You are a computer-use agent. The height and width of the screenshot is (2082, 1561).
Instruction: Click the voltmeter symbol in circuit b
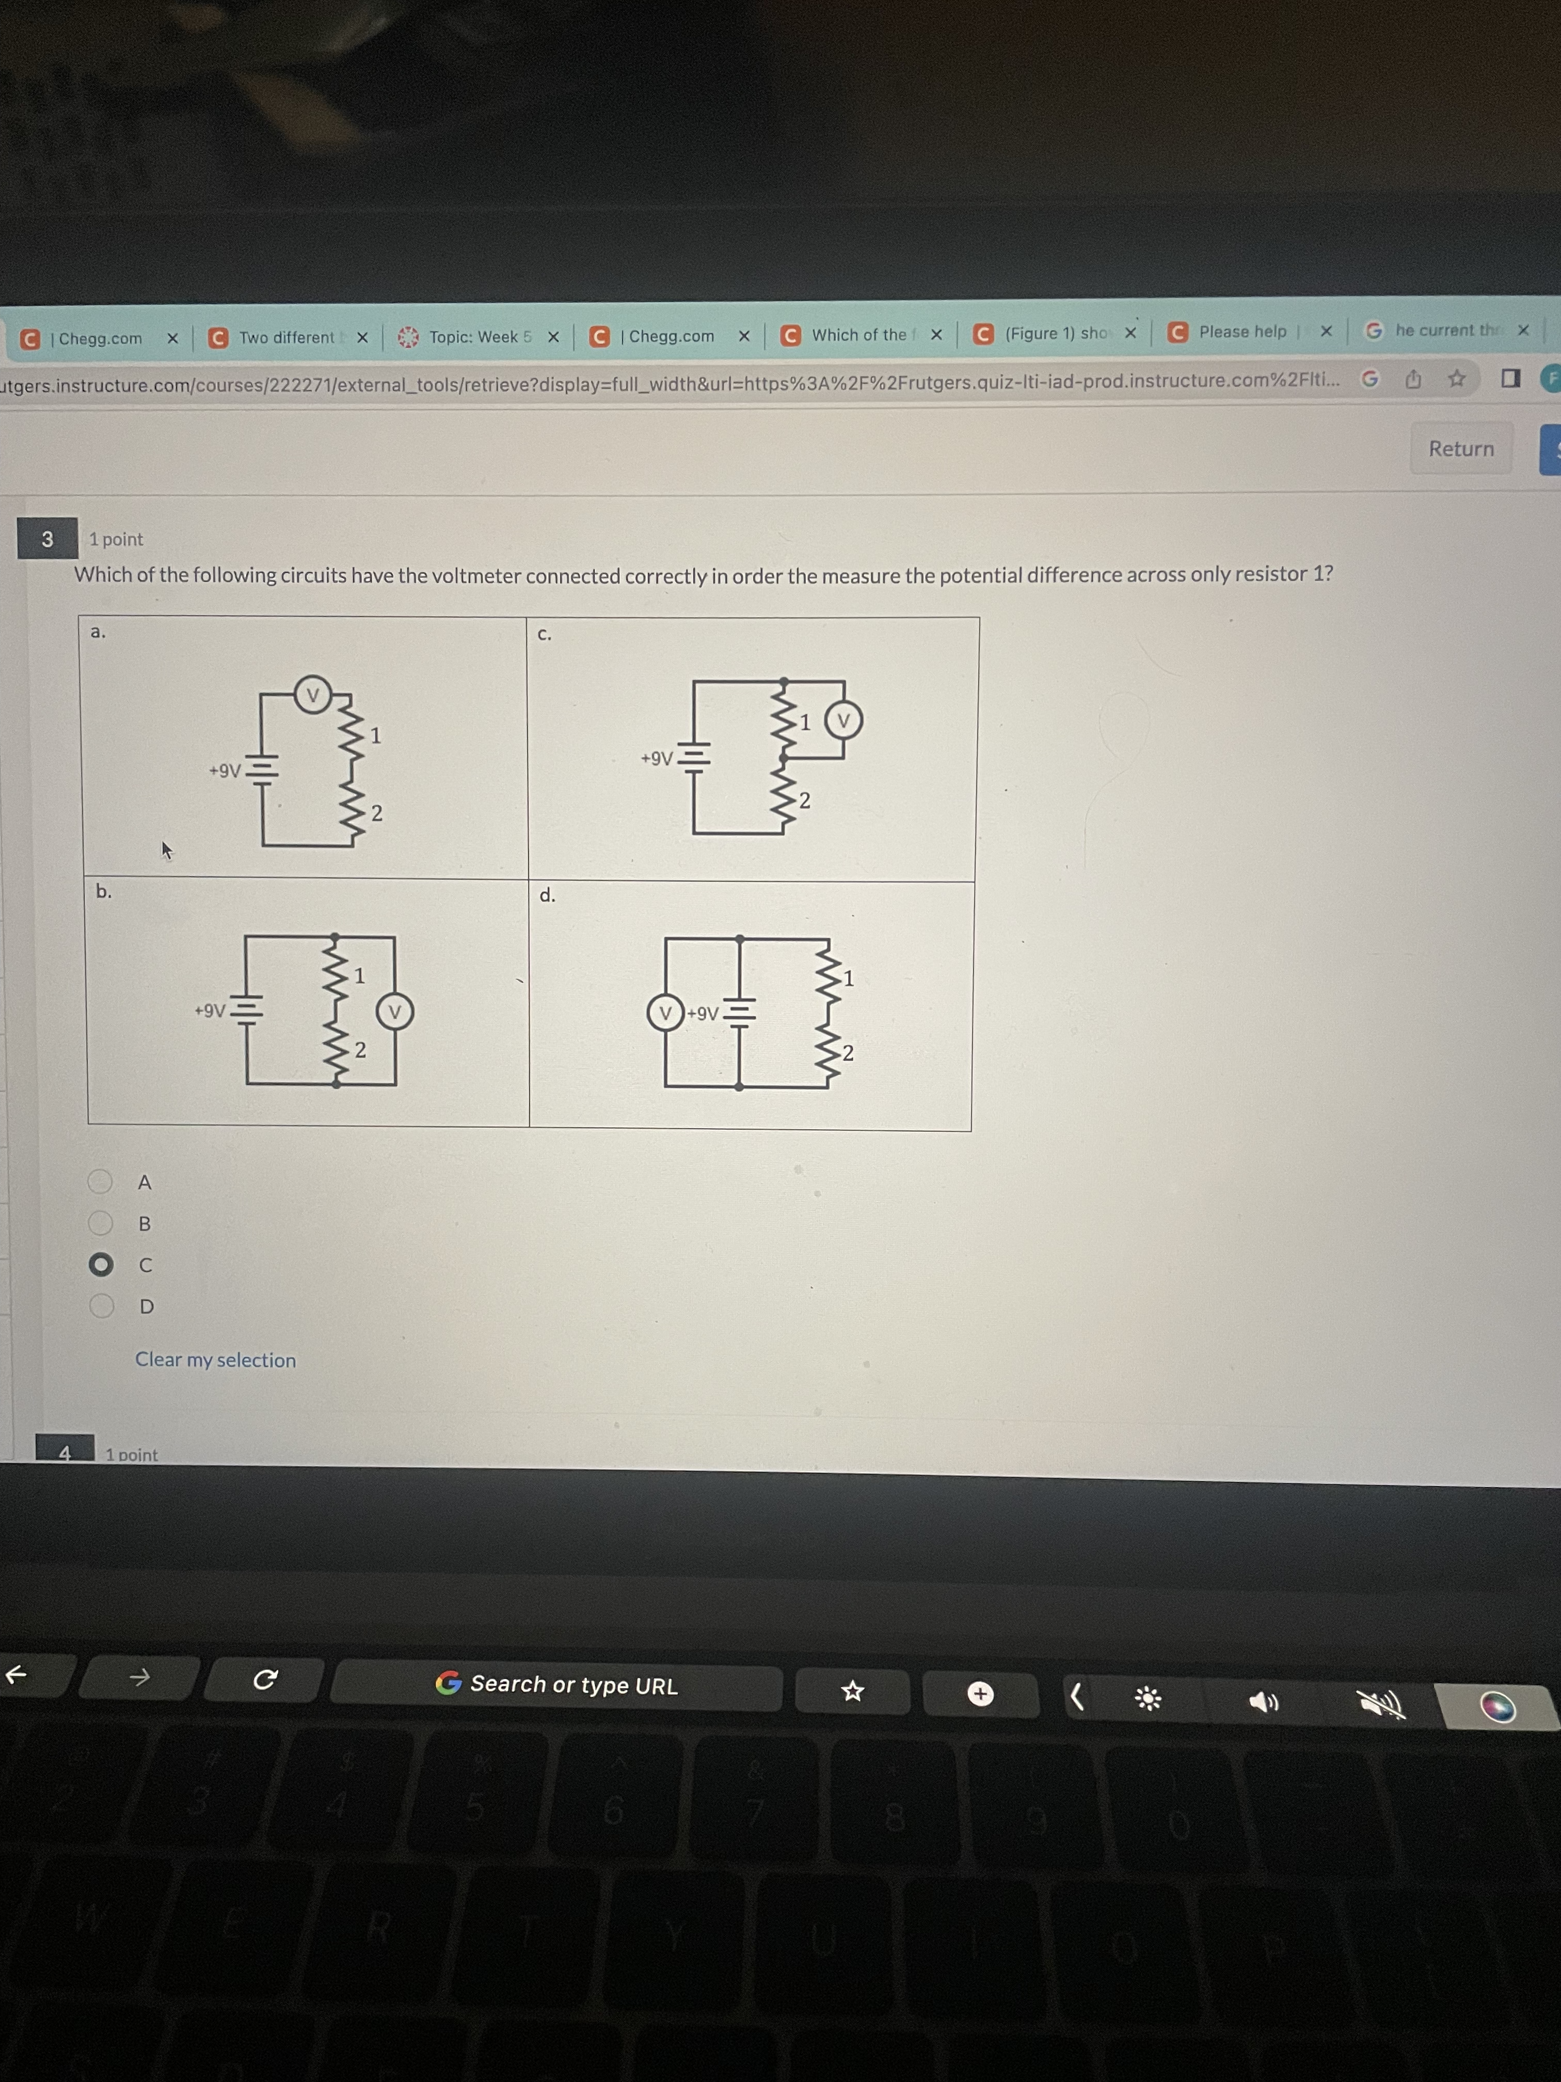tap(395, 1012)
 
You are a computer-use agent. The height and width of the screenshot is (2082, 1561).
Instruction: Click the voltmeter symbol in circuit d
tap(665, 1013)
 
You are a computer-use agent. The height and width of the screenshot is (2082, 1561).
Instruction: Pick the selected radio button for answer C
tap(101, 1264)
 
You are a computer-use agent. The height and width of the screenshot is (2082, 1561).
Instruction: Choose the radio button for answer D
tap(101, 1305)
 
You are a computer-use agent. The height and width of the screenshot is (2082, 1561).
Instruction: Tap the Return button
tap(1460, 449)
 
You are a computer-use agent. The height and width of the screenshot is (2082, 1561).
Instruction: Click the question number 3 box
tap(47, 539)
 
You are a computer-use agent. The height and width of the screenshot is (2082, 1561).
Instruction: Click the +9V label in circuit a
tap(225, 771)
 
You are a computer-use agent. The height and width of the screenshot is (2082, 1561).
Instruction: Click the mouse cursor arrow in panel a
tap(166, 850)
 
